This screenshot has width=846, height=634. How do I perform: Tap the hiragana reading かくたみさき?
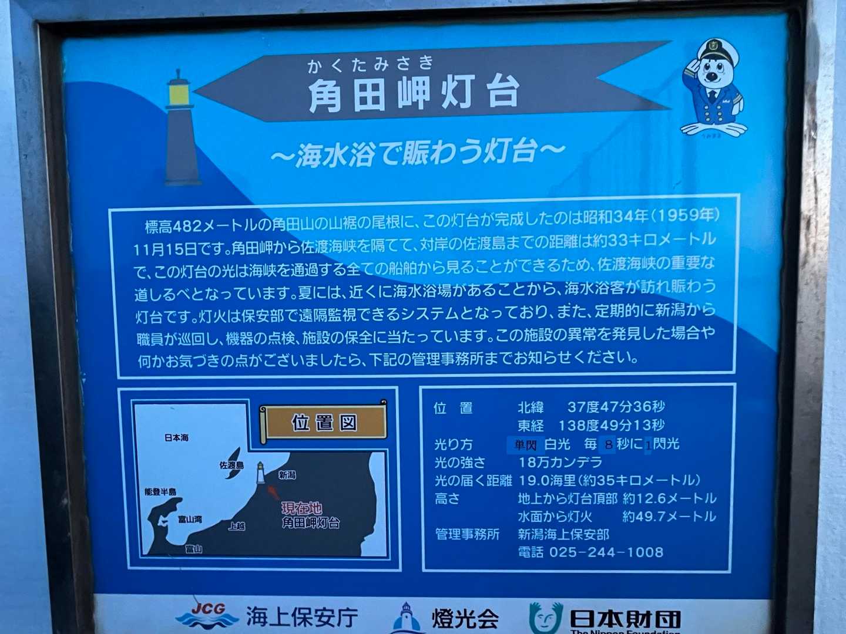371,64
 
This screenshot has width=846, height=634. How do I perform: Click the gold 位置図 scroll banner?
323,422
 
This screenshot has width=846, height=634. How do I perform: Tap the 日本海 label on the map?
176,438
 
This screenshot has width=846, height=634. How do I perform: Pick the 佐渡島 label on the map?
231,465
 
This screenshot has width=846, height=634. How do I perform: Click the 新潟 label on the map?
287,475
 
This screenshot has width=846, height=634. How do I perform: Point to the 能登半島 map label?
160,491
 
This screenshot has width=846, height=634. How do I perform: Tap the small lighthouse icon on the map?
261,473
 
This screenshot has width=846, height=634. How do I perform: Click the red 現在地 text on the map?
301,508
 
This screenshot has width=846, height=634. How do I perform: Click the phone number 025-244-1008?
606,552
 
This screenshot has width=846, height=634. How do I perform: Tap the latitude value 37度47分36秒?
616,406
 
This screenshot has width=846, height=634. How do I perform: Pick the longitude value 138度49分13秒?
611,425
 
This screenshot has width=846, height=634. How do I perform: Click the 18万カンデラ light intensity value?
560,462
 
